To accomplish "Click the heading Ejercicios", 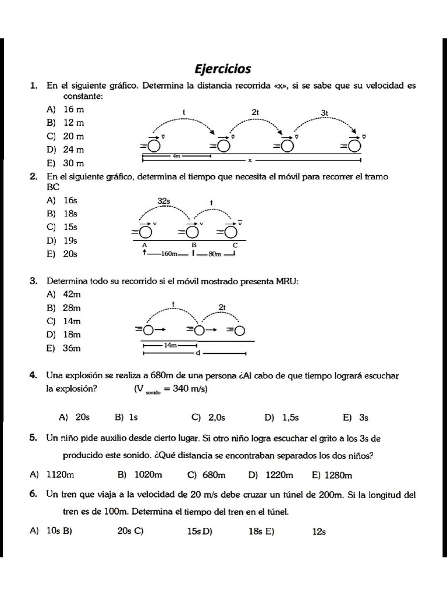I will click(223, 69).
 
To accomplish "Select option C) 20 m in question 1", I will click(65, 136).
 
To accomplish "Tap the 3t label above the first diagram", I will click(325, 112).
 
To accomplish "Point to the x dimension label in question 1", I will click(250, 160).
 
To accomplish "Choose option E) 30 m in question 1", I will click(65, 164).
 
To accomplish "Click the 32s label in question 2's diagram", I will click(164, 201).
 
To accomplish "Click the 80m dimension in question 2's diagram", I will click(215, 253).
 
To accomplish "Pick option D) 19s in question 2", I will click(63, 240).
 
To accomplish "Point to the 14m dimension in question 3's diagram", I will click(170, 345).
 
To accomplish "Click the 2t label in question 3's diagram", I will click(222, 307).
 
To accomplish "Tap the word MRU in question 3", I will click(288, 281).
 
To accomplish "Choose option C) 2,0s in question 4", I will click(208, 417).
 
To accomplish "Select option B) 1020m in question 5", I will click(140, 475).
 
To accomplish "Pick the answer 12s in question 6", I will click(319, 531).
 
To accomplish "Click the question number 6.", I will click(33, 494).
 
